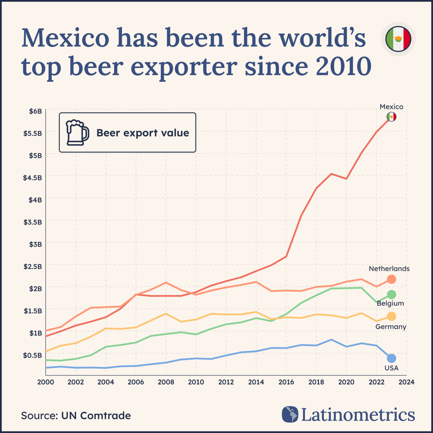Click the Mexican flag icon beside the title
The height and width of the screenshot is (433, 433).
click(398, 39)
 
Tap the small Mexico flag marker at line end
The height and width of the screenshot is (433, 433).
click(391, 117)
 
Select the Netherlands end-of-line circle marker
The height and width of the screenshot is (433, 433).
click(391, 279)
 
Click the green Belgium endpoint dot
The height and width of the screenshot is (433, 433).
click(391, 294)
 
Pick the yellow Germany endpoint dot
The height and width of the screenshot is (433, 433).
click(391, 316)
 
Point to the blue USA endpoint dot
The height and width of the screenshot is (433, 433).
click(391, 358)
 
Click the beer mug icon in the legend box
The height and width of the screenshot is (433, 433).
click(77, 133)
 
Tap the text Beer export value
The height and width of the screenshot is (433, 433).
click(143, 133)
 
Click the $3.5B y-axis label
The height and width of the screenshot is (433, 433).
click(33, 222)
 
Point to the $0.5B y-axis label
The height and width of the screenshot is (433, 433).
click(33, 355)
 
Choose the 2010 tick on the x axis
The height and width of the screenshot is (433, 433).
click(196, 382)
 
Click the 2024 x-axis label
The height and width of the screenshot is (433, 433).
click(407, 382)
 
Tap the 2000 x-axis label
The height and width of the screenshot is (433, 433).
click(46, 382)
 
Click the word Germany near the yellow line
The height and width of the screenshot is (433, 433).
click(391, 327)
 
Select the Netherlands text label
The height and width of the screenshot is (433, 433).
click(389, 269)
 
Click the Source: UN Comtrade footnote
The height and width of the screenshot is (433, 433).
click(76, 416)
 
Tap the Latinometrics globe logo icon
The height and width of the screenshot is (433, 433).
click(290, 415)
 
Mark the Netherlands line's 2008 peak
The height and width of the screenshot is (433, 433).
click(166, 282)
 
